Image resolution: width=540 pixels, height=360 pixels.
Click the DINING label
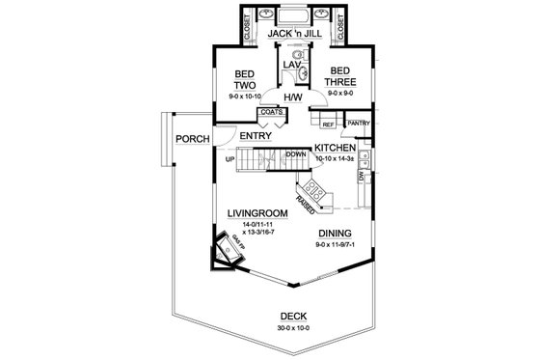(333, 234)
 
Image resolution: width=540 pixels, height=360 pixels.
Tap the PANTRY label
(358, 124)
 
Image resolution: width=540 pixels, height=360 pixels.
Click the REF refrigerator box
(328, 125)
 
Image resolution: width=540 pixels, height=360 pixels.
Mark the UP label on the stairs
(229, 159)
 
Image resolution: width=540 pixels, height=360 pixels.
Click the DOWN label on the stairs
(296, 154)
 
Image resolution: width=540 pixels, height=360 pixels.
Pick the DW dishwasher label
(361, 177)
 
